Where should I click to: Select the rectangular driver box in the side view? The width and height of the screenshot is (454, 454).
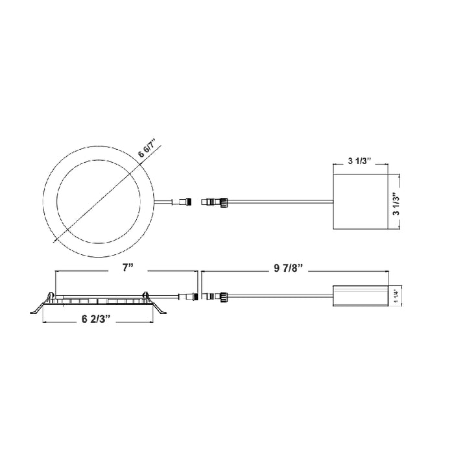pyautogui.click(x=360, y=295)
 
